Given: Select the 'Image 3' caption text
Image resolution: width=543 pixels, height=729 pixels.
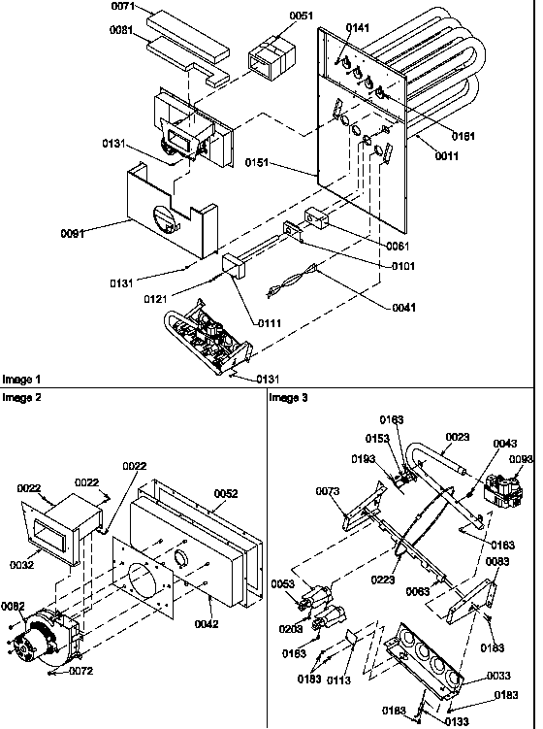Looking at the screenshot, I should (x=287, y=397).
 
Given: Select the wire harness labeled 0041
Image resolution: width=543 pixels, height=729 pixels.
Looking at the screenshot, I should (x=290, y=282).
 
